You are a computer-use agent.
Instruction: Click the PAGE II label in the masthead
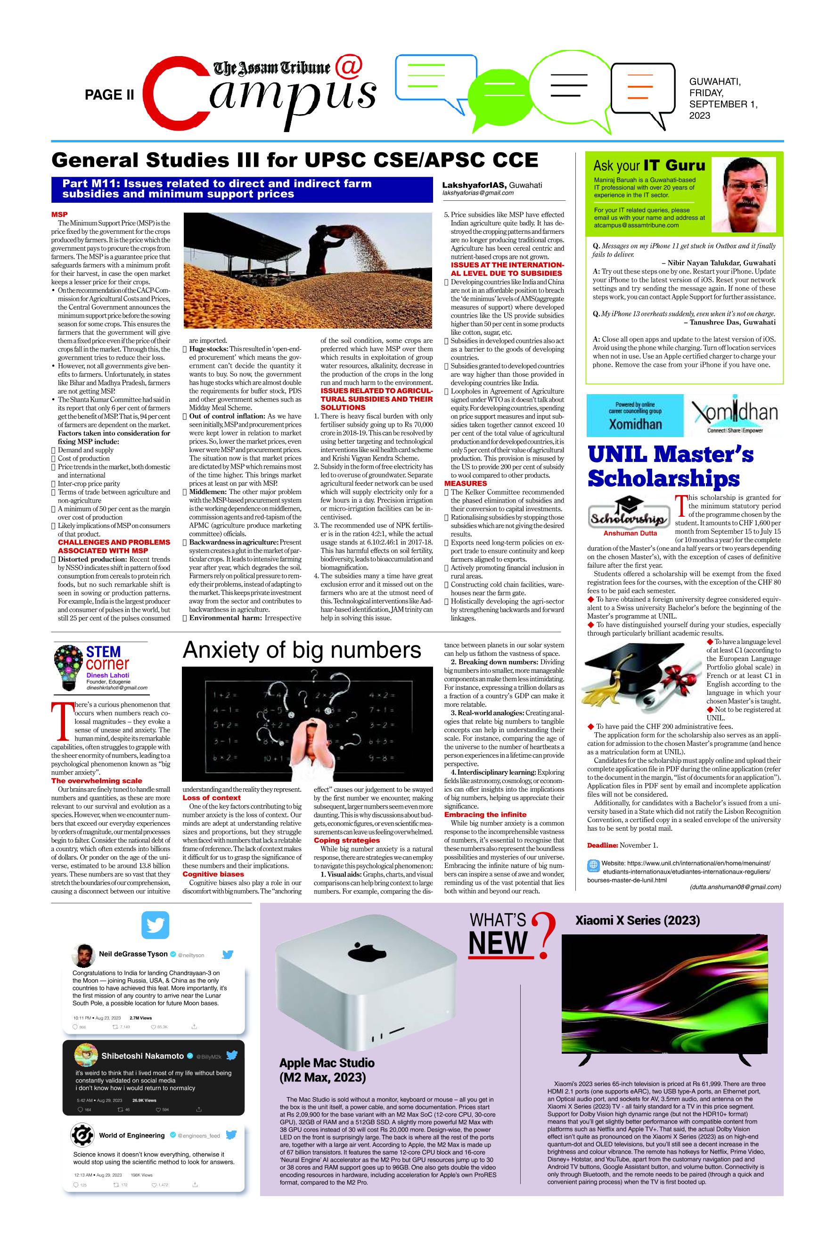(109, 95)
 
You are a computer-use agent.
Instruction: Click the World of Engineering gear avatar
(82, 1136)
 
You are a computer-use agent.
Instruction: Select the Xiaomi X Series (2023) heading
(637, 920)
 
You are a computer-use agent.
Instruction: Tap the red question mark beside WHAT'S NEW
(544, 936)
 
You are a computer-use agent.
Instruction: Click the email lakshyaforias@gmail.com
(478, 193)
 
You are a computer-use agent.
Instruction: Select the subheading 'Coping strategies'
(339, 840)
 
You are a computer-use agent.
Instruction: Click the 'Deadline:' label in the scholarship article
(602, 845)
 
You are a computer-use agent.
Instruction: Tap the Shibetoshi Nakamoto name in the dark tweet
(142, 1056)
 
